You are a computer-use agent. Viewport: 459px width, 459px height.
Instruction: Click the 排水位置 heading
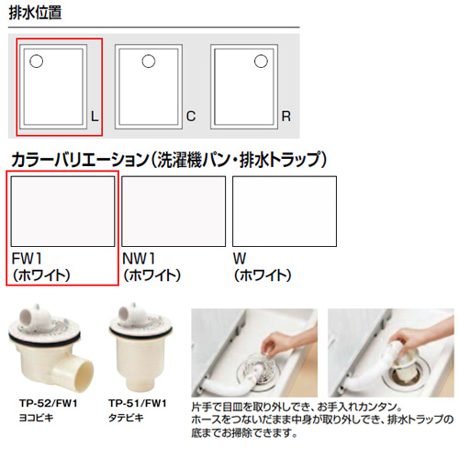tap(35, 13)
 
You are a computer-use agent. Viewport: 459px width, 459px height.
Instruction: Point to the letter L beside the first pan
tap(95, 117)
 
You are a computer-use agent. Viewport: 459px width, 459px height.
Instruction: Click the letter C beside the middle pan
tap(191, 117)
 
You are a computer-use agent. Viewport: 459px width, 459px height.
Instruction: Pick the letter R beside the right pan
tap(286, 117)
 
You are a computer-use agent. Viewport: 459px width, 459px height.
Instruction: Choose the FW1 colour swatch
tap(62, 211)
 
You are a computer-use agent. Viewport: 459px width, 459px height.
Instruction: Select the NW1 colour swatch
tap(174, 211)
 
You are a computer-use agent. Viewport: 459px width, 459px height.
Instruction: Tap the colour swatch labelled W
tap(285, 211)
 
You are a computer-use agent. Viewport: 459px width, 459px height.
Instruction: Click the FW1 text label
tap(27, 259)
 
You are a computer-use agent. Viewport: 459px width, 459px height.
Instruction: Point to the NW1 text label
tap(139, 259)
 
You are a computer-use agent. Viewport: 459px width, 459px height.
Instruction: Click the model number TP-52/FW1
tap(49, 403)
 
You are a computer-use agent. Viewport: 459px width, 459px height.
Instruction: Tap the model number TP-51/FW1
tap(138, 403)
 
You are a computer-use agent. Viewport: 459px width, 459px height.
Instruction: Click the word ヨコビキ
tap(36, 418)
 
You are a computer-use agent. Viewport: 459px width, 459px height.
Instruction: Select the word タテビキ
tap(126, 418)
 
